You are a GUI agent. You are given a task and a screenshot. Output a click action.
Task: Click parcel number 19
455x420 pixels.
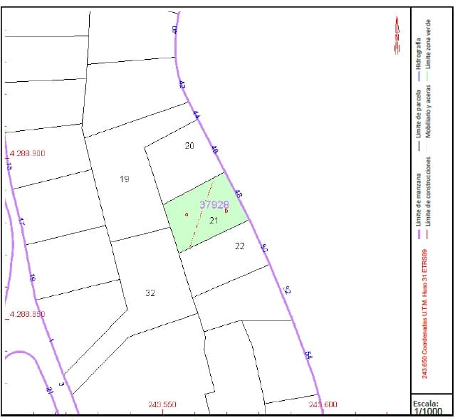click(125, 179)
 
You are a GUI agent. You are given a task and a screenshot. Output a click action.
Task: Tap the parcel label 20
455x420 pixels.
click(189, 146)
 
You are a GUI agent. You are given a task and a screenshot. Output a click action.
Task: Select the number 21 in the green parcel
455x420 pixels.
click(213, 221)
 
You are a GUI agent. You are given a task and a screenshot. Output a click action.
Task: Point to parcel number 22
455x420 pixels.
click(239, 246)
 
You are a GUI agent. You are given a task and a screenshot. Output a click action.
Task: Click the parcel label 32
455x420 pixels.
click(150, 293)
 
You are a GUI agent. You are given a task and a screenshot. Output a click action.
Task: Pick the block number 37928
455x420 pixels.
click(214, 204)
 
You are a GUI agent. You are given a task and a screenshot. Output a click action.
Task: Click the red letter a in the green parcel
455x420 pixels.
click(185, 214)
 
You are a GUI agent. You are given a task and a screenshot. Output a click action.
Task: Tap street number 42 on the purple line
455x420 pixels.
click(182, 85)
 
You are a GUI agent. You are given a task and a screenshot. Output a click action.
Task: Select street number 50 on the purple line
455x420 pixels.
click(264, 248)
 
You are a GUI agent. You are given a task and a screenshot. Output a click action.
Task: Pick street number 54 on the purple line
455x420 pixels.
click(308, 355)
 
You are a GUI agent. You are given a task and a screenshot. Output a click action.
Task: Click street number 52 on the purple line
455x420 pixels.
click(287, 290)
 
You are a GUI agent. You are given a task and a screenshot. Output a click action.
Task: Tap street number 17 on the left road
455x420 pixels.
click(21, 223)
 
